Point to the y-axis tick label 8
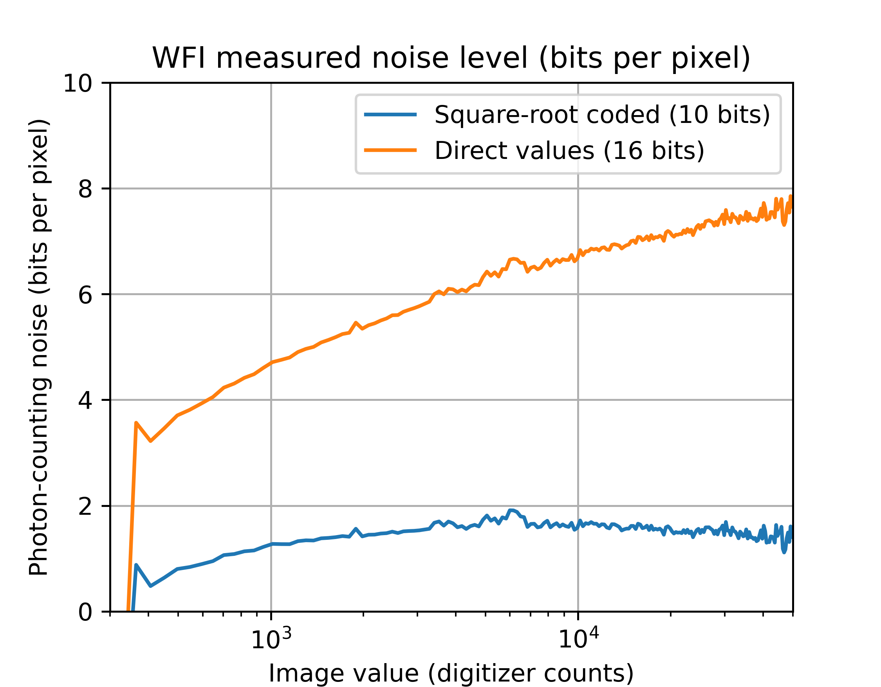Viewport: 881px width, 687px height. [x=85, y=189]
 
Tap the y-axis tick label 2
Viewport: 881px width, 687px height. [x=85, y=507]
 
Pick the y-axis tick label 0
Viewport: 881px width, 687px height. [x=85, y=612]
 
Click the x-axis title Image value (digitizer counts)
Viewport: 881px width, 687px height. [x=451, y=673]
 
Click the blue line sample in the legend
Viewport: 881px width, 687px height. [x=390, y=115]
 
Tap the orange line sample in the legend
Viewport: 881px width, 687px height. [x=390, y=150]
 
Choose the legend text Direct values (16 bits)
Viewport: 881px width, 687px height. [x=569, y=151]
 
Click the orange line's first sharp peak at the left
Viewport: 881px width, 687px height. [x=136, y=423]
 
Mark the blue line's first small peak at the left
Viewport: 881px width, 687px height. [x=136, y=565]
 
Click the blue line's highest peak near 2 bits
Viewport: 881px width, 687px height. [x=511, y=510]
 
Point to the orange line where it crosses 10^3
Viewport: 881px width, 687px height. [x=271, y=363]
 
